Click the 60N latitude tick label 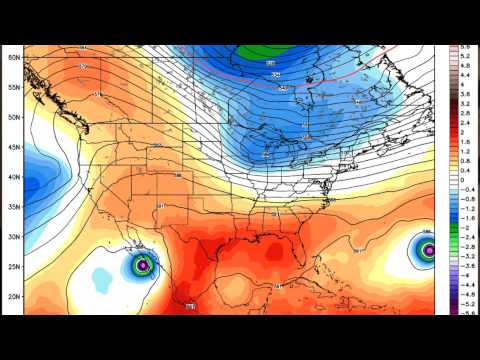(x=14, y=57)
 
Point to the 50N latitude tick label (x=14, y=117)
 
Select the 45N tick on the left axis (x=14, y=147)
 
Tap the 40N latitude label (x=14, y=177)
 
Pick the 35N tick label (x=14, y=207)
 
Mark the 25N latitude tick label (x=14, y=267)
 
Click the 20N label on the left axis (x=14, y=297)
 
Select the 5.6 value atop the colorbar (x=466, y=47)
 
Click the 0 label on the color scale (x=466, y=179)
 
